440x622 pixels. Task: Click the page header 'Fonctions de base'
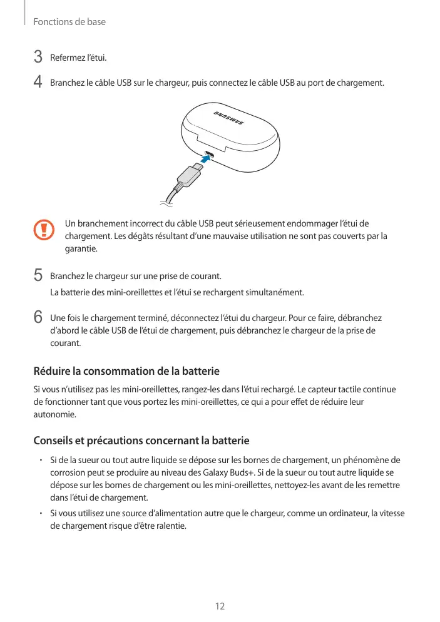point(69,22)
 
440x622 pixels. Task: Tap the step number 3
point(38,58)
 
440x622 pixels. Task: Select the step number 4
point(38,83)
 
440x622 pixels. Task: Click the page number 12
point(220,606)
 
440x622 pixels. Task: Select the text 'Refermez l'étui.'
point(78,58)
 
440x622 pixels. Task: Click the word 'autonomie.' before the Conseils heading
point(54,415)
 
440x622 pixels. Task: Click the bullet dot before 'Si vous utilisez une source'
point(39,514)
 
